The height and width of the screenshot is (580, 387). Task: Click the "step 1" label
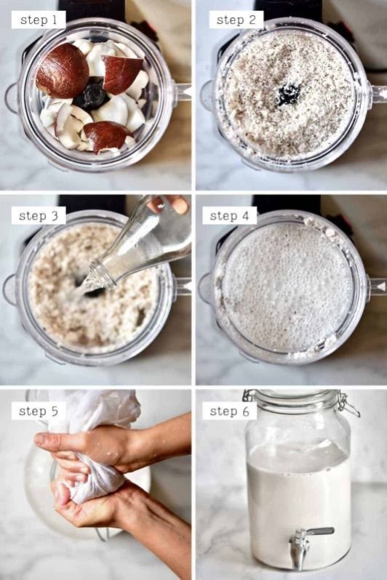(x=39, y=20)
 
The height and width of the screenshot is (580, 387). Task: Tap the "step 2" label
(x=236, y=20)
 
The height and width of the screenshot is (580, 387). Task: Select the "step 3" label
(x=39, y=215)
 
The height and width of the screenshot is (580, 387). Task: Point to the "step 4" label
(x=229, y=215)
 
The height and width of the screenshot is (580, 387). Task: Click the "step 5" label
(x=39, y=411)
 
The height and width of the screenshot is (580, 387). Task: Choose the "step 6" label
(x=229, y=411)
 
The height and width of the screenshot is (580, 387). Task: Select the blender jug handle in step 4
(x=377, y=286)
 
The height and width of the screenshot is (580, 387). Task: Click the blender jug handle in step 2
(x=378, y=94)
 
